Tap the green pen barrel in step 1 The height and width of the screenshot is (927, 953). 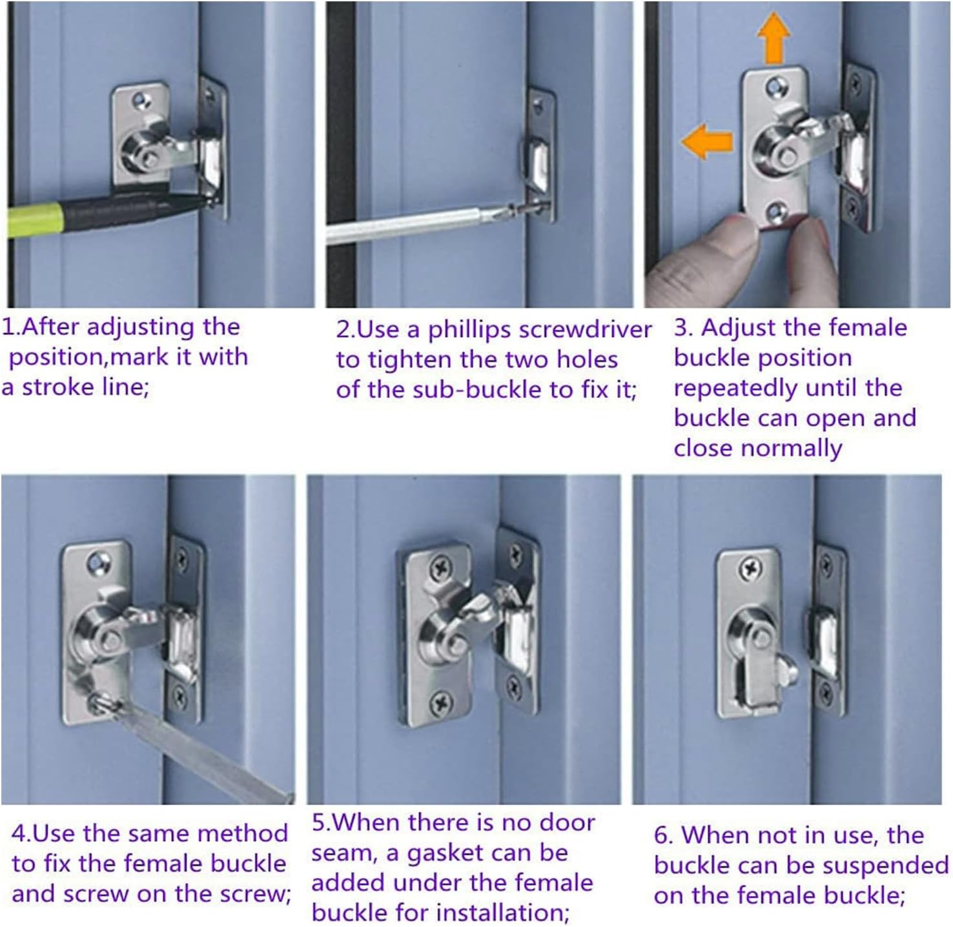[x=32, y=220]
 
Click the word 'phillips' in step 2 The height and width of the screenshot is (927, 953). [x=469, y=330]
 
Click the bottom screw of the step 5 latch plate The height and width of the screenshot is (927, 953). [x=441, y=699]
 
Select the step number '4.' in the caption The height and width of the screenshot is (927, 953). [x=21, y=834]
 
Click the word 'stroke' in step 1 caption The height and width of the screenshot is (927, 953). [x=59, y=387]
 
